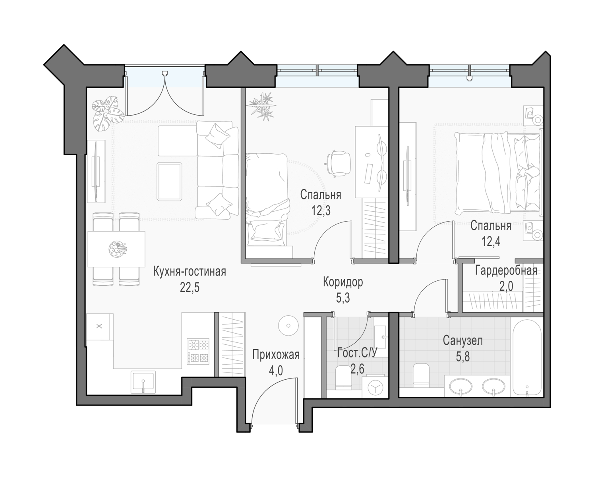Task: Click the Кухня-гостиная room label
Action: (x=190, y=272)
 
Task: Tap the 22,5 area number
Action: (x=190, y=288)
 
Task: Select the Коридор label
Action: (x=343, y=282)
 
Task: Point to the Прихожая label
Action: (x=276, y=355)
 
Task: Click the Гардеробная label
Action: (x=506, y=271)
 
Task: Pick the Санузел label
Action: (x=463, y=341)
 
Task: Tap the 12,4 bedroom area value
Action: (x=491, y=242)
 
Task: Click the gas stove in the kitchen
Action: (x=198, y=351)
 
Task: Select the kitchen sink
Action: (x=143, y=382)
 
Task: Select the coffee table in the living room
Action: (x=170, y=182)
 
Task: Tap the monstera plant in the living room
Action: (x=107, y=114)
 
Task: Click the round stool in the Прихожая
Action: (x=288, y=325)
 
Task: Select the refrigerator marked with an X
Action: (x=100, y=327)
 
